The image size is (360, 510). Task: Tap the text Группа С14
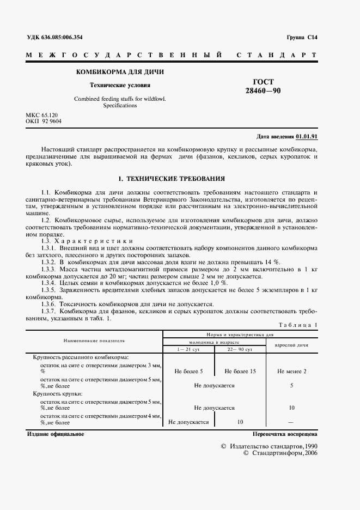(x=301, y=38)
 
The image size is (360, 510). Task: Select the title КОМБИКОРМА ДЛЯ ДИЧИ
(x=120, y=72)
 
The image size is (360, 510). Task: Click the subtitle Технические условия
(x=120, y=85)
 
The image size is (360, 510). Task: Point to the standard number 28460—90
(x=263, y=91)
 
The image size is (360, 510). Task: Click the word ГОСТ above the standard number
(x=263, y=82)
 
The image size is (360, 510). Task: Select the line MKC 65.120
(x=42, y=116)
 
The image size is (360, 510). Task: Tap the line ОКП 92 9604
(x=44, y=122)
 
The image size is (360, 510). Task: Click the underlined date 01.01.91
(x=307, y=136)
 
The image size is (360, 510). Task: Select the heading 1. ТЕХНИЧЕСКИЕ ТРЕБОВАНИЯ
(x=172, y=179)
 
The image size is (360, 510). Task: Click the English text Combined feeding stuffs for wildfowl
(x=120, y=99)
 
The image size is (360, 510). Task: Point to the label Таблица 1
(x=297, y=325)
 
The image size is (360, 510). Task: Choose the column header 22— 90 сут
(x=240, y=349)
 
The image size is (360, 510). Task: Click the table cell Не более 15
(x=240, y=371)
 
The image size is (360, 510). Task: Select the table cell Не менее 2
(x=291, y=371)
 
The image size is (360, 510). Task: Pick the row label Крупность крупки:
(x=58, y=393)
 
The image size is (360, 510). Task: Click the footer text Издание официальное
(x=55, y=434)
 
